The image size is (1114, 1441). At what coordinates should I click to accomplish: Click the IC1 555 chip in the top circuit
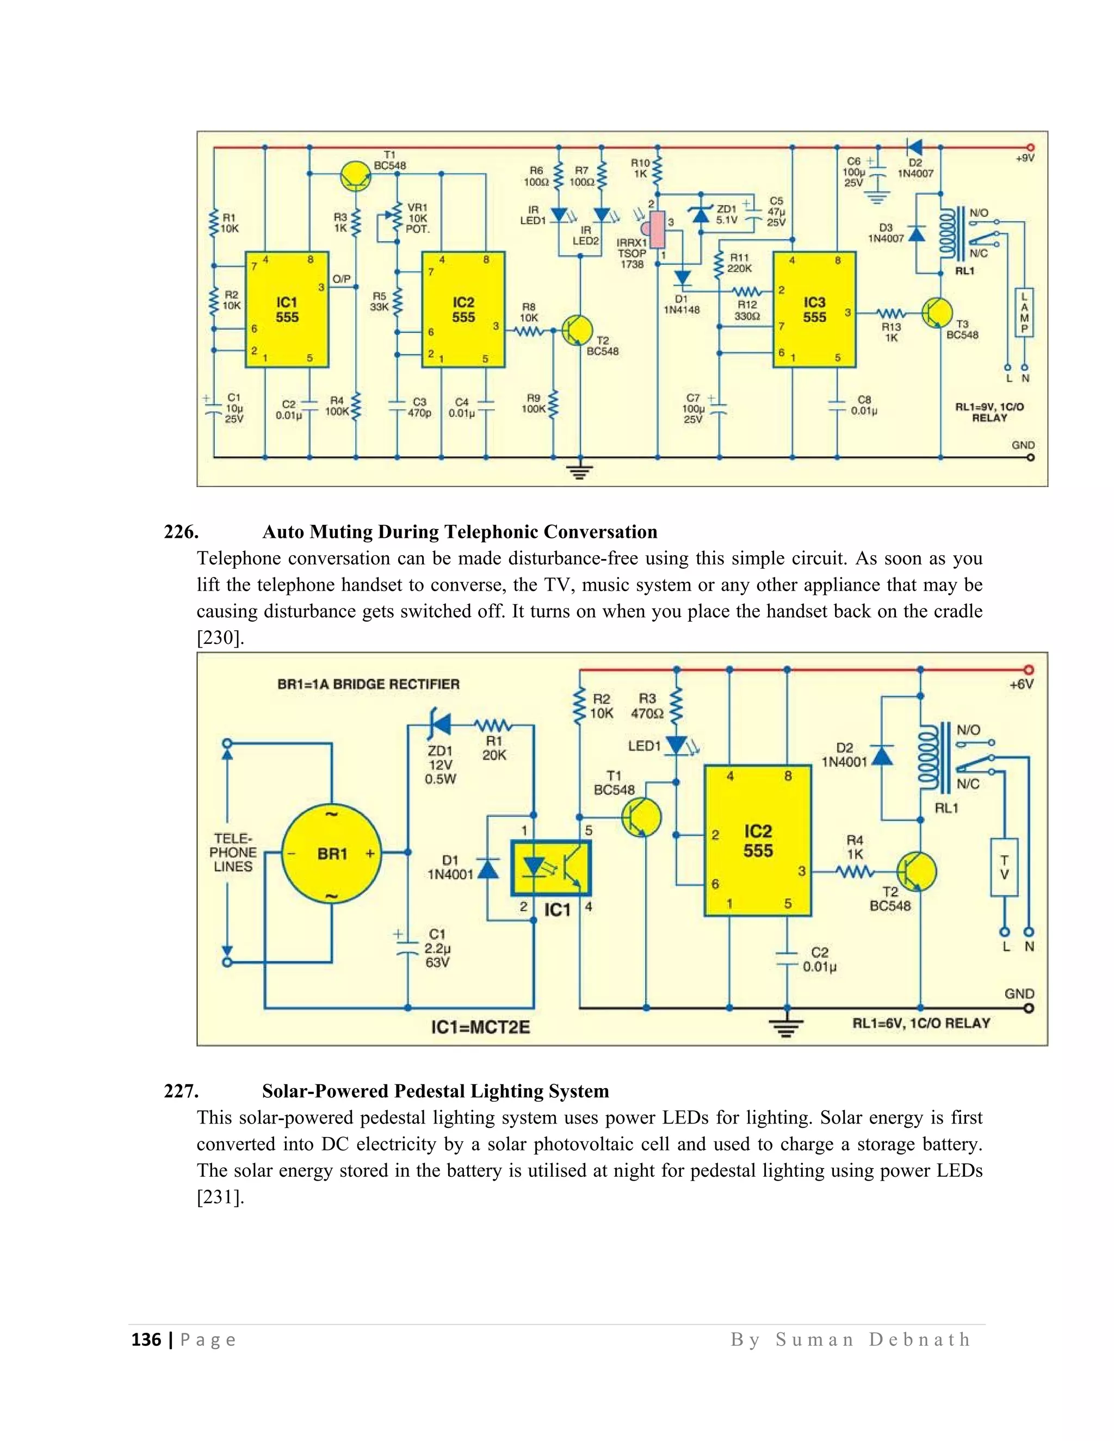tap(287, 309)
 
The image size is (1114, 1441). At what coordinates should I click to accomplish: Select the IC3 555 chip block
tap(814, 309)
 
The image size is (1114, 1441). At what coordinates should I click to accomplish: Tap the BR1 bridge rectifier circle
tap(332, 854)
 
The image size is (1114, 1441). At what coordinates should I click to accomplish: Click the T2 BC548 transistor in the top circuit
tap(577, 331)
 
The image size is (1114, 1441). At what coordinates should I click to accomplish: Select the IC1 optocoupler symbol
tap(551, 868)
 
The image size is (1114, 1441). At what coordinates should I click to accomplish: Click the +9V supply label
tap(1025, 159)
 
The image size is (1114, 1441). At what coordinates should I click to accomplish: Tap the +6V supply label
tap(1021, 685)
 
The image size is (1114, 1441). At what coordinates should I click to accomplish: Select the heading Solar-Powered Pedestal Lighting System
tap(435, 1091)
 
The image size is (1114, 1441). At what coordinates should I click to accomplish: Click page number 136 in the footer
tap(146, 1340)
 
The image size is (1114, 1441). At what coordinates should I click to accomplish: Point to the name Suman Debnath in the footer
tap(872, 1340)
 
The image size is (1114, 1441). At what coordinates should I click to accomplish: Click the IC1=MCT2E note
tap(480, 1027)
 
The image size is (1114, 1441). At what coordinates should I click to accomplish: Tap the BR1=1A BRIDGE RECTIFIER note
tap(368, 684)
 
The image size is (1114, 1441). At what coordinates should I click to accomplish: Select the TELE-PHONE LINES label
tap(233, 853)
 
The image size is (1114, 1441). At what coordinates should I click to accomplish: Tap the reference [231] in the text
tap(220, 1197)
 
